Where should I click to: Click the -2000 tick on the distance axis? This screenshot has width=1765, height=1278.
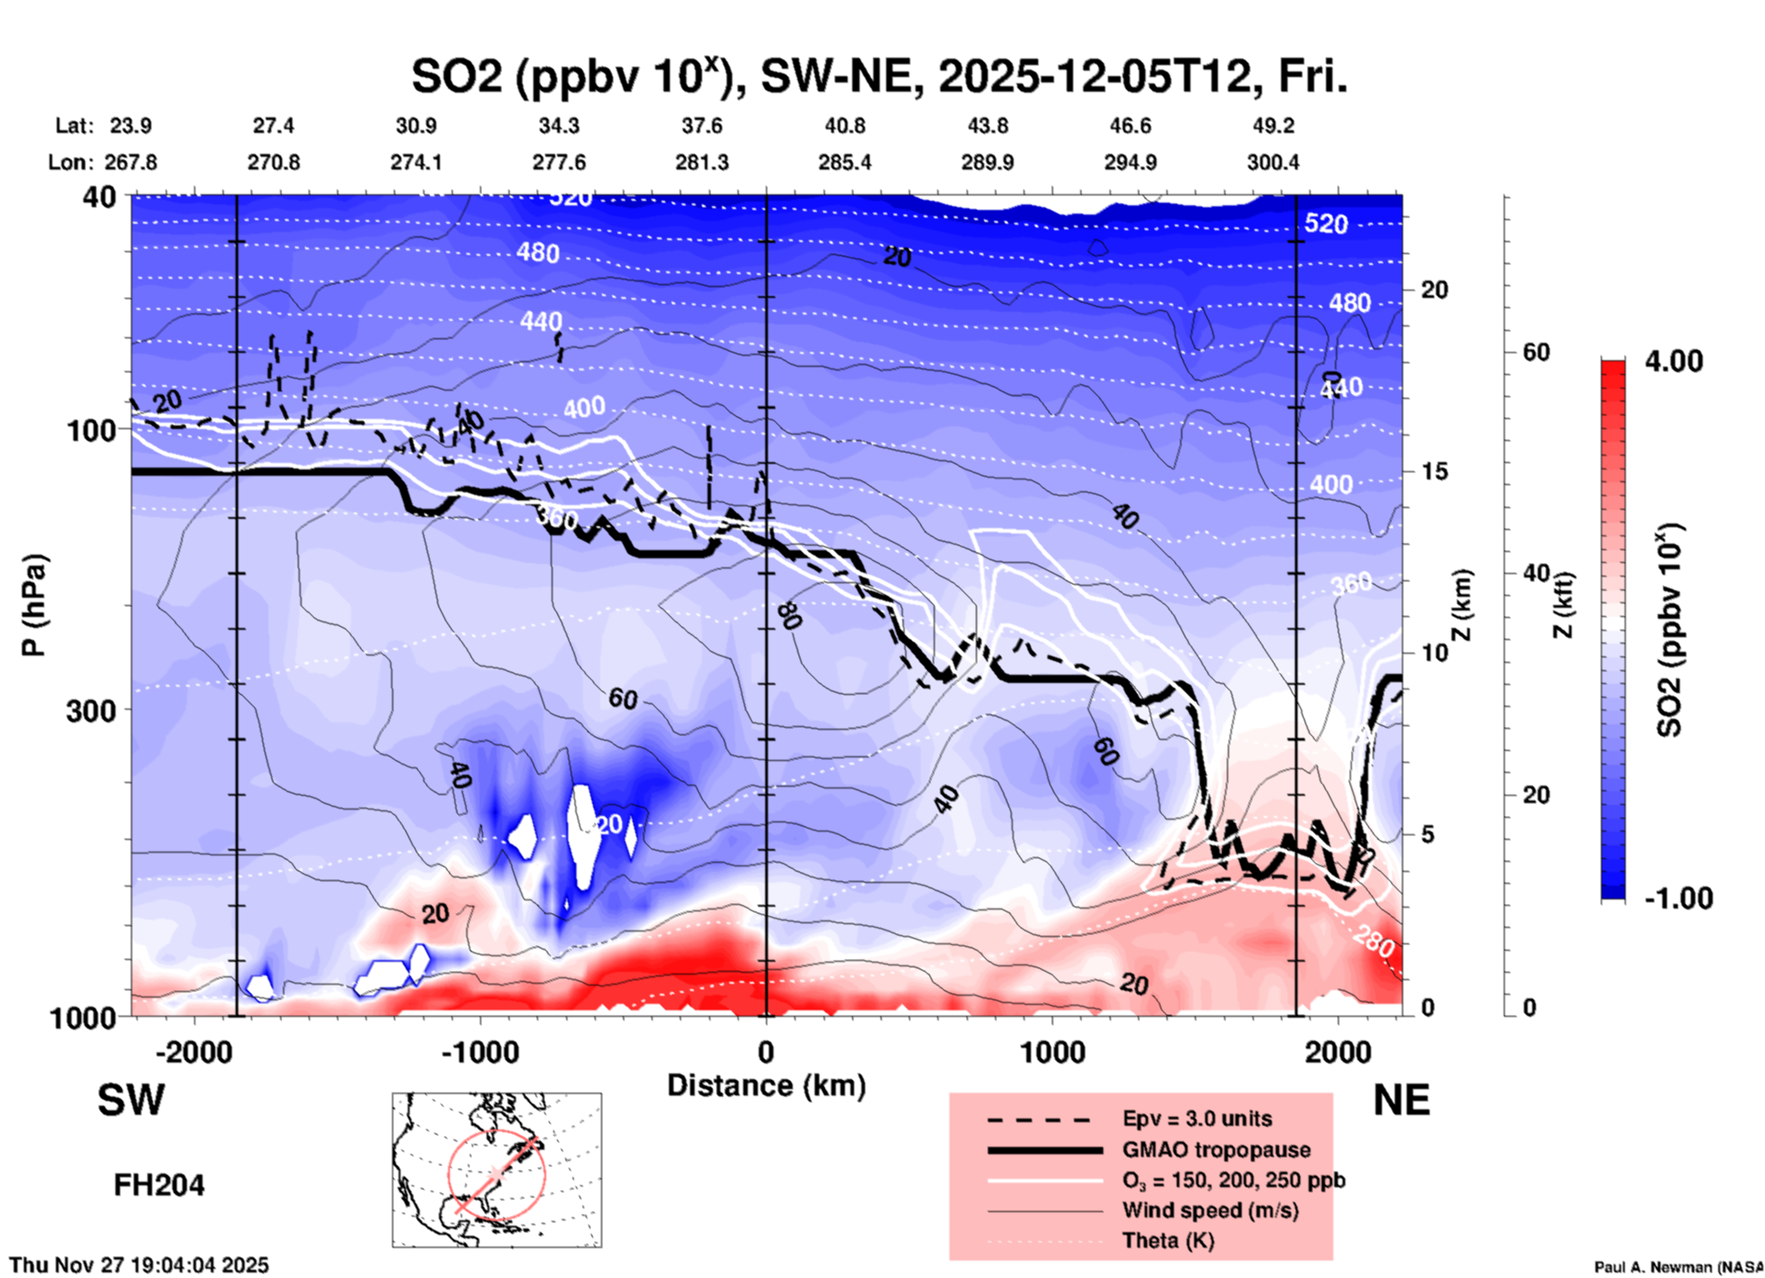[x=193, y=1052]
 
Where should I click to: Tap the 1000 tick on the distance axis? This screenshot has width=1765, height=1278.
[x=1052, y=1052]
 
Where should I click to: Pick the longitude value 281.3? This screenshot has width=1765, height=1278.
[x=702, y=162]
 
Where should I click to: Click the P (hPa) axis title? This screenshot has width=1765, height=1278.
[x=35, y=605]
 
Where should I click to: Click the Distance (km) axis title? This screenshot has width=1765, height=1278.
[x=766, y=1085]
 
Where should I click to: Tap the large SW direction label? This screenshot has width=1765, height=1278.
[x=131, y=1100]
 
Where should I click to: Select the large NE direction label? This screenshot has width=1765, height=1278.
[x=1401, y=1100]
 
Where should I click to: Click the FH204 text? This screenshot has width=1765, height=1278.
[x=159, y=1185]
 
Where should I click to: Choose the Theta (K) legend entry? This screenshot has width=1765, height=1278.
[x=1168, y=1240]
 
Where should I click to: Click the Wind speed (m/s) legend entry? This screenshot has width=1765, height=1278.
[x=1210, y=1210]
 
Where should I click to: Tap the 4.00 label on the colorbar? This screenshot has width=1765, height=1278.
[x=1673, y=361]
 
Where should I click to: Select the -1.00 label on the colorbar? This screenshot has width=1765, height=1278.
[x=1677, y=898]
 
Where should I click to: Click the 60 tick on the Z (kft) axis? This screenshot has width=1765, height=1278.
[x=1536, y=352]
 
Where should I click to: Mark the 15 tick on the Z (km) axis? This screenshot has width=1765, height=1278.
[x=1434, y=471]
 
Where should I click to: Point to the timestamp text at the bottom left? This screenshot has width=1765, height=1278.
[x=139, y=1265]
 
